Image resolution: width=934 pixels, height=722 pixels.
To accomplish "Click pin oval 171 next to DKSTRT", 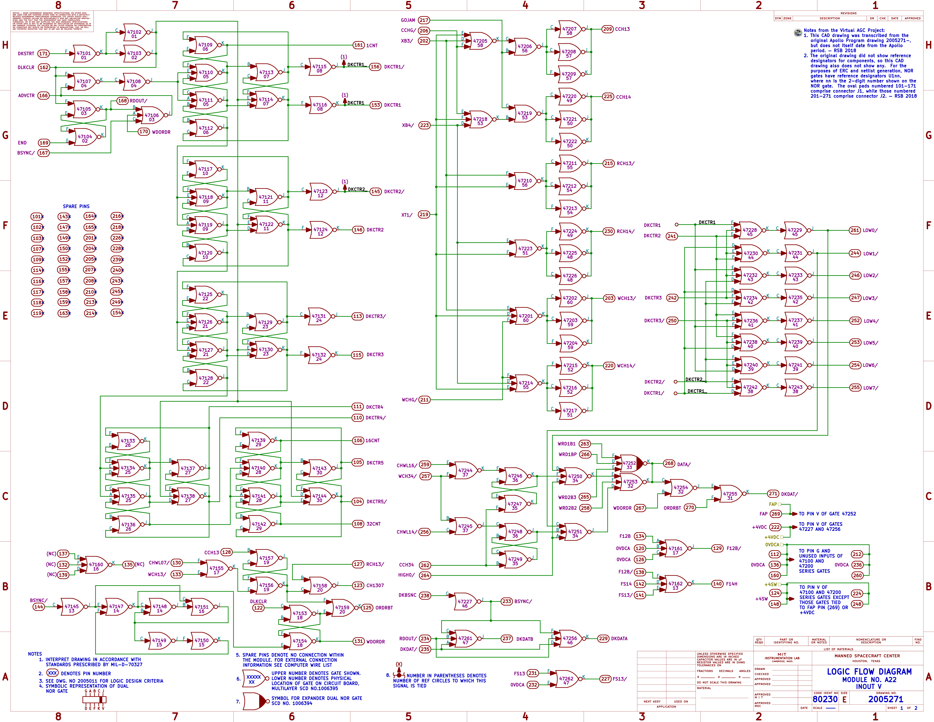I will (x=43, y=54).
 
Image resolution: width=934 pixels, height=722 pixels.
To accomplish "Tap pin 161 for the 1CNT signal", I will (x=358, y=45).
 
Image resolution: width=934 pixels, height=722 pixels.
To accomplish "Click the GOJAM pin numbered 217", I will (x=424, y=20).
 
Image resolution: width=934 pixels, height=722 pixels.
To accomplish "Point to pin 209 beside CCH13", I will (x=607, y=29).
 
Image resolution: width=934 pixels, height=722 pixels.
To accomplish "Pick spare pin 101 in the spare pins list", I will (x=37, y=216).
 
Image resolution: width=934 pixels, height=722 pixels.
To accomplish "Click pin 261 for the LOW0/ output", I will (x=854, y=230).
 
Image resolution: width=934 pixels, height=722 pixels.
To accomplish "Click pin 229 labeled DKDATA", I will (x=603, y=638).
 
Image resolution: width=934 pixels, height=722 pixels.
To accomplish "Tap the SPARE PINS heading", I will (x=76, y=206).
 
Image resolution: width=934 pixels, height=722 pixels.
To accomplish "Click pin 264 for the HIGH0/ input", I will (x=425, y=575).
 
